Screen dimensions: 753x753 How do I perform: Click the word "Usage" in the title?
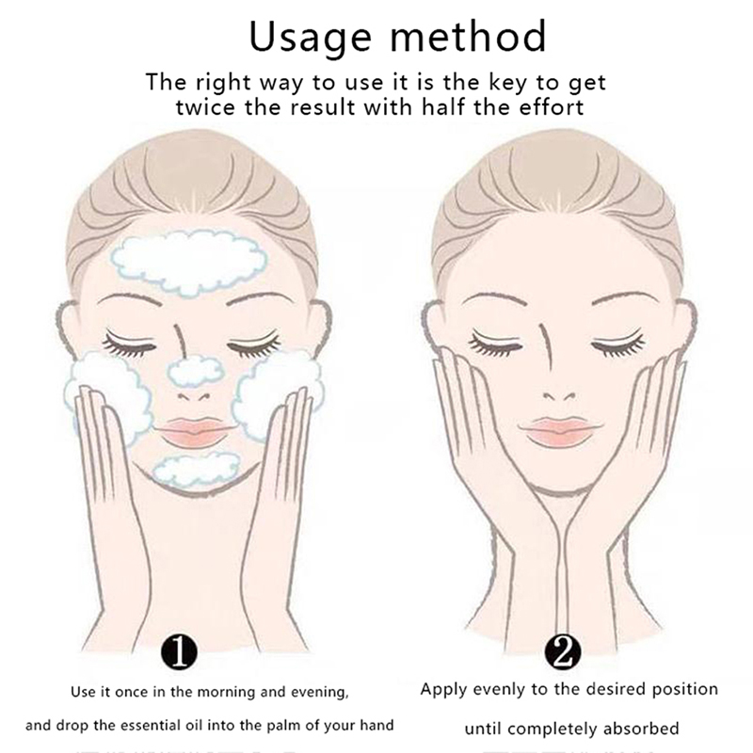(311, 38)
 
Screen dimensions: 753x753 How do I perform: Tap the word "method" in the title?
(468, 36)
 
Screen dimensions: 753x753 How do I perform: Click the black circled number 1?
(179, 652)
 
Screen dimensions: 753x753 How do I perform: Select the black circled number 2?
(563, 652)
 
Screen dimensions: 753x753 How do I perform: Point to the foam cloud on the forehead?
(189, 263)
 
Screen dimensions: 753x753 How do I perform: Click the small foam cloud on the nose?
(196, 372)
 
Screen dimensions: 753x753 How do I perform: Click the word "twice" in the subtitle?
(205, 107)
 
